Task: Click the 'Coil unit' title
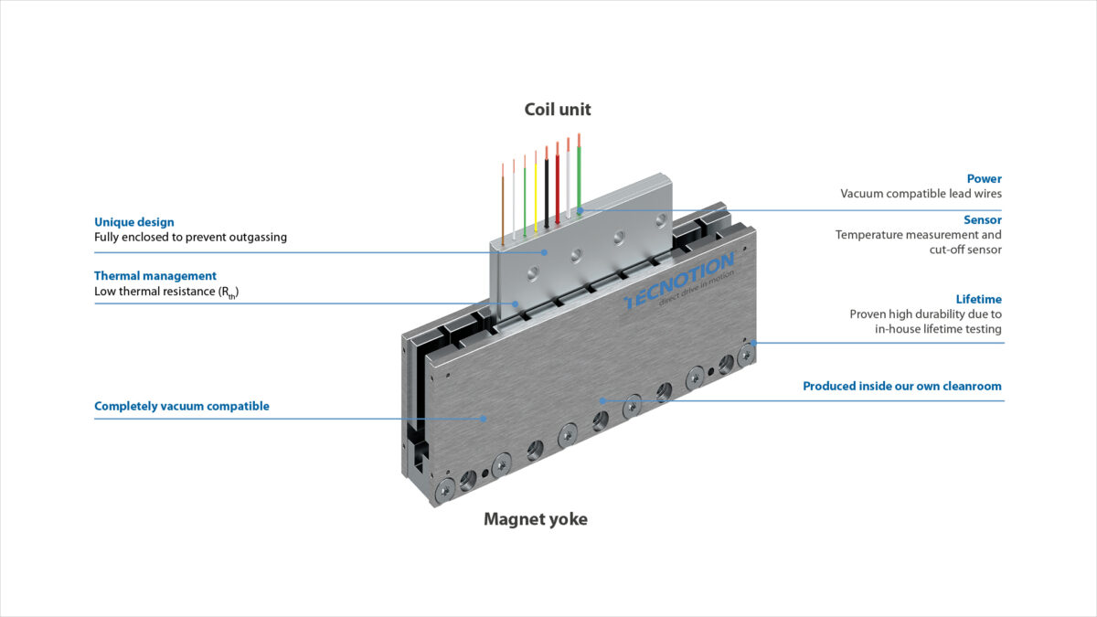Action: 558,110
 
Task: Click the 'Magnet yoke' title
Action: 535,519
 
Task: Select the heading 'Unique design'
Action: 133,222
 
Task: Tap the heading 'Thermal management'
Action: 155,276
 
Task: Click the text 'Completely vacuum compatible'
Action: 182,406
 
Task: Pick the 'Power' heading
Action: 984,179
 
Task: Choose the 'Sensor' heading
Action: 982,220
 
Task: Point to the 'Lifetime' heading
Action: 978,299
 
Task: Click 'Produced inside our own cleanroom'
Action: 901,386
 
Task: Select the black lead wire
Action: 547,187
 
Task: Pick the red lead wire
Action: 558,183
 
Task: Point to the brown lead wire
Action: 503,201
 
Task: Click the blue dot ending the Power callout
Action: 580,210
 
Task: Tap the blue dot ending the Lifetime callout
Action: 753,343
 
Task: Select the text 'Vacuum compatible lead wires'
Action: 921,194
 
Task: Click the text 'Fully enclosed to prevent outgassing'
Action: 190,237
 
